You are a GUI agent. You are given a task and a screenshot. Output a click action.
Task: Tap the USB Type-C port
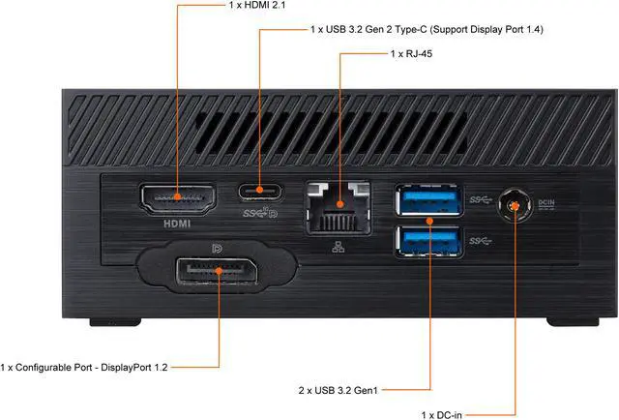pos(257,192)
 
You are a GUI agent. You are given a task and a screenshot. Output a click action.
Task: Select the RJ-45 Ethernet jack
pos(339,208)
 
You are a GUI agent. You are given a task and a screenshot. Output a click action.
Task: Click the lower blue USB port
pos(426,238)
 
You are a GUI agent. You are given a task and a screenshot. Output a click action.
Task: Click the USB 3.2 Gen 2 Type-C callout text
pos(427,30)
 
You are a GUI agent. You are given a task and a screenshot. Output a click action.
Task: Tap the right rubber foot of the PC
pos(566,321)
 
